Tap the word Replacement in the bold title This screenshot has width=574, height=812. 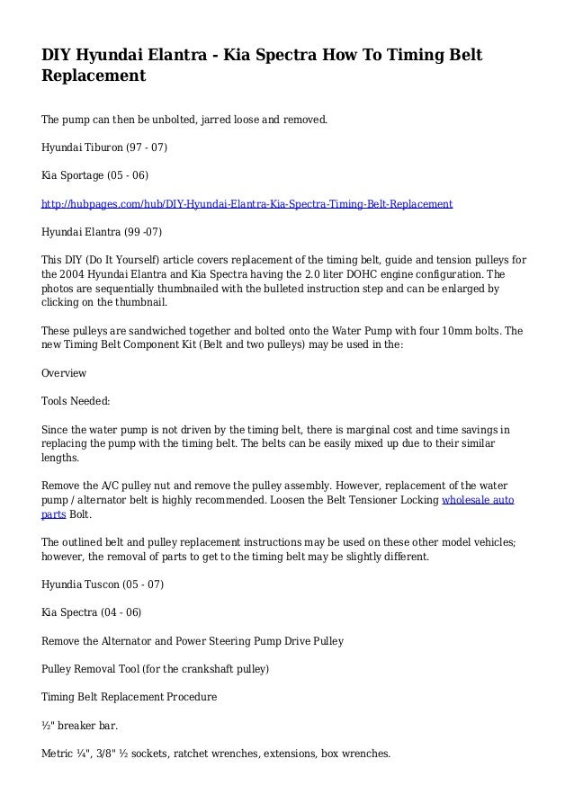[x=94, y=77]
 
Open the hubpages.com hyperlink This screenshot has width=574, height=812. [x=247, y=204]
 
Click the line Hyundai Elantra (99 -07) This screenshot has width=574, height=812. [x=102, y=233]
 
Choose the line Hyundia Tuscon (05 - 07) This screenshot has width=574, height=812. [x=103, y=585]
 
